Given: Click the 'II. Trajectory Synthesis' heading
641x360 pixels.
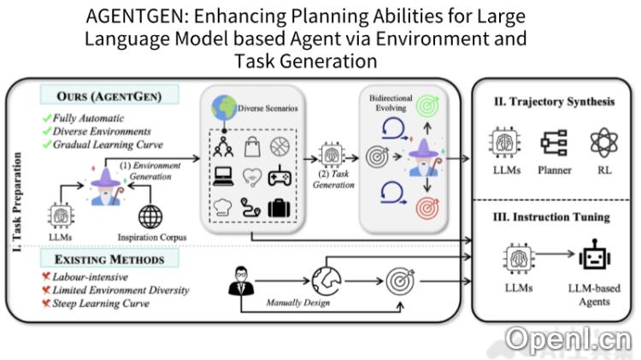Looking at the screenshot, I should (554, 102).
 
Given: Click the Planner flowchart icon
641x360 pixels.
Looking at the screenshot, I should (555, 142).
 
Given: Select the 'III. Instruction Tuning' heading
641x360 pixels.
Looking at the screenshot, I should (554, 217).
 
